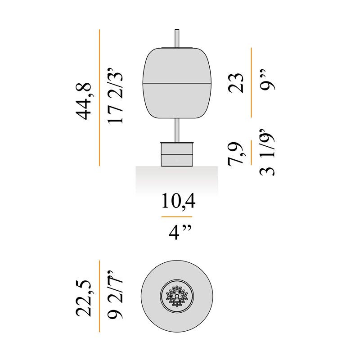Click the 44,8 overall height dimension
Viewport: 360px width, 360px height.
coord(84,101)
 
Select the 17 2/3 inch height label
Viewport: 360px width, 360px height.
coord(115,96)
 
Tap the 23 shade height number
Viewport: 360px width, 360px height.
coord(236,83)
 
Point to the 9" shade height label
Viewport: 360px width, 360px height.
coord(268,80)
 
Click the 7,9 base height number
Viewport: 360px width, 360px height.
coord(235,154)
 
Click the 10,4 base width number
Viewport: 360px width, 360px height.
coord(178,201)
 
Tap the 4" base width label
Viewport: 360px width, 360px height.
coord(180,232)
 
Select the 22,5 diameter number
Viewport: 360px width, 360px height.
coord(84,298)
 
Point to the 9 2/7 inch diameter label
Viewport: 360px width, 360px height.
coord(115,295)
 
